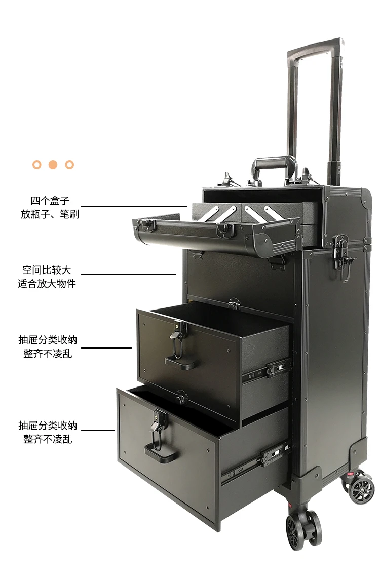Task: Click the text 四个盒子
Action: coord(50,201)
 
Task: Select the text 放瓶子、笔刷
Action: coord(50,214)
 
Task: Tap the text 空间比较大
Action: coord(47,270)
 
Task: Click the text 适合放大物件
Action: coord(47,284)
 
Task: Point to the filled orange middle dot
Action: coord(53,165)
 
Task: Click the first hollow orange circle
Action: coord(36,165)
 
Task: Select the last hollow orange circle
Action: coord(70,165)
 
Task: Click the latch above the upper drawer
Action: coord(234,304)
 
